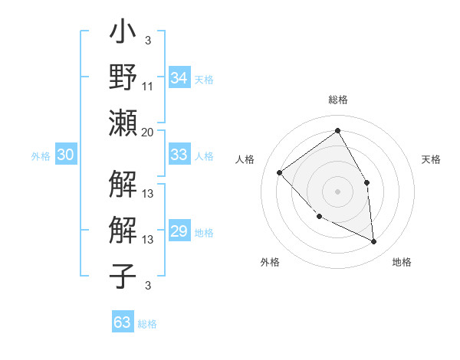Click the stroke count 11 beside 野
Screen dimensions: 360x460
(x=148, y=87)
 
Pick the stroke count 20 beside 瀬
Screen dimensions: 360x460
(x=147, y=132)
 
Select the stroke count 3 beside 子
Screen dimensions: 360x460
(x=147, y=286)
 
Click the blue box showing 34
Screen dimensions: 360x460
(x=179, y=78)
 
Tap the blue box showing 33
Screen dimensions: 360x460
(x=179, y=155)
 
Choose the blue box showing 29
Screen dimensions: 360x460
(x=179, y=231)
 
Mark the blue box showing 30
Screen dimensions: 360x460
(x=66, y=155)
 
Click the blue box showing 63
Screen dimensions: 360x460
(x=123, y=322)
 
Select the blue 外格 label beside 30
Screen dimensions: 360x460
(x=41, y=156)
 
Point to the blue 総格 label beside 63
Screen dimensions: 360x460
(x=147, y=324)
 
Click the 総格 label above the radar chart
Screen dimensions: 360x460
(x=337, y=100)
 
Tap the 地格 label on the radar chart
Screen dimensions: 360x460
(x=402, y=262)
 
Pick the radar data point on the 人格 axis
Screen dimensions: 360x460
(x=280, y=172)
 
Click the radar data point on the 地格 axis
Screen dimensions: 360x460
(x=373, y=241)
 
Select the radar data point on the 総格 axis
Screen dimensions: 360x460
(x=337, y=130)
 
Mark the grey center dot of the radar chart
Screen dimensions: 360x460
(x=337, y=191)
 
